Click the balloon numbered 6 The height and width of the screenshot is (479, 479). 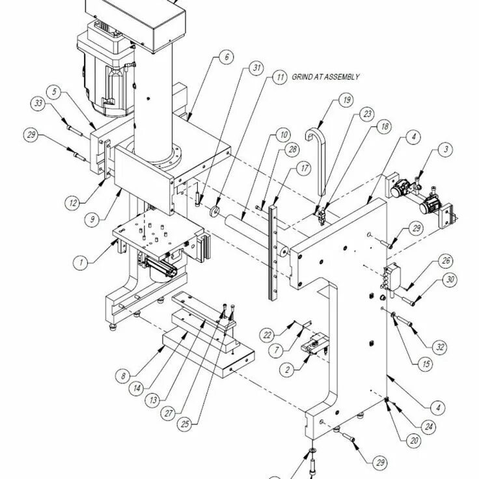pyautogui.click(x=226, y=57)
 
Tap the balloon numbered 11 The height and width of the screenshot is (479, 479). pyautogui.click(x=280, y=77)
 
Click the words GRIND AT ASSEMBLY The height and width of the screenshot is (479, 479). pyautogui.click(x=326, y=77)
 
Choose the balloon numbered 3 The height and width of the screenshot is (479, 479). pyautogui.click(x=445, y=150)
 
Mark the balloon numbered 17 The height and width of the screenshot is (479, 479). pyautogui.click(x=305, y=167)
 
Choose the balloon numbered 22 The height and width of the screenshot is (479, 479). pyautogui.click(x=267, y=335)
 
